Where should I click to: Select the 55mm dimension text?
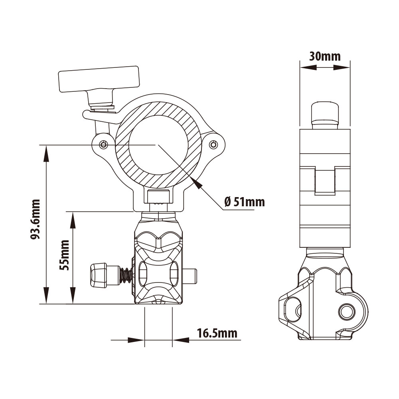[x=65, y=255]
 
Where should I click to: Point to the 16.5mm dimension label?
[x=217, y=333]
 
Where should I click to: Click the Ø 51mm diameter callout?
[x=244, y=201]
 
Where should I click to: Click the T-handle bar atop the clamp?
[x=99, y=79]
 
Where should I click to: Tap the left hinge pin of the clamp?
[x=103, y=144]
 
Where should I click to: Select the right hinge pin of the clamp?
[x=213, y=144]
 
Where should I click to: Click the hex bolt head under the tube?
[x=158, y=196]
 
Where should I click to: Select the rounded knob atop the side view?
[x=325, y=112]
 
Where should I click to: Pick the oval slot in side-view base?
[x=293, y=310]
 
